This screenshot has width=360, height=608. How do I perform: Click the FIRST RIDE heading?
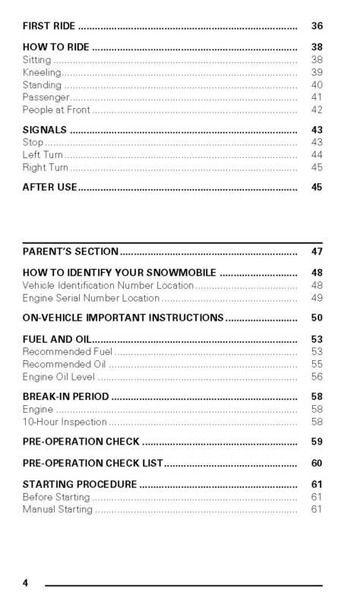[x=49, y=27]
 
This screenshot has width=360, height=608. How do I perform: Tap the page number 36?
[x=317, y=27]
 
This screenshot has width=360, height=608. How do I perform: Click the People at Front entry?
[x=56, y=110]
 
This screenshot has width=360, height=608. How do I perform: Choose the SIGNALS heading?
[x=45, y=130]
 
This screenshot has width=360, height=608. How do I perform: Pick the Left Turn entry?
[x=43, y=154]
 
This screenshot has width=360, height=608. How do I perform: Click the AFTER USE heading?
[x=50, y=187]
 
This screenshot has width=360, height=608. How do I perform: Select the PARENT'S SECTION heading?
[x=71, y=252]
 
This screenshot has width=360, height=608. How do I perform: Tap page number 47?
[x=317, y=252]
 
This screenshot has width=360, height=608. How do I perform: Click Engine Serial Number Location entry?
[x=91, y=298]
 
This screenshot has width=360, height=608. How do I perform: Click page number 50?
[x=317, y=318]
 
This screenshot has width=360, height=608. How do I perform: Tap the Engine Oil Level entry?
[x=59, y=377]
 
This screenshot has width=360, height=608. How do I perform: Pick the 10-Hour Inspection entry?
[x=65, y=422]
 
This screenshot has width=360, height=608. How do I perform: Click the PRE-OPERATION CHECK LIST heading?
[x=93, y=464]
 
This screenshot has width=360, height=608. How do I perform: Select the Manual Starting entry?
[x=58, y=509]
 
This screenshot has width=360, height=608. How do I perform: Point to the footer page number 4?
[x=26, y=583]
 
